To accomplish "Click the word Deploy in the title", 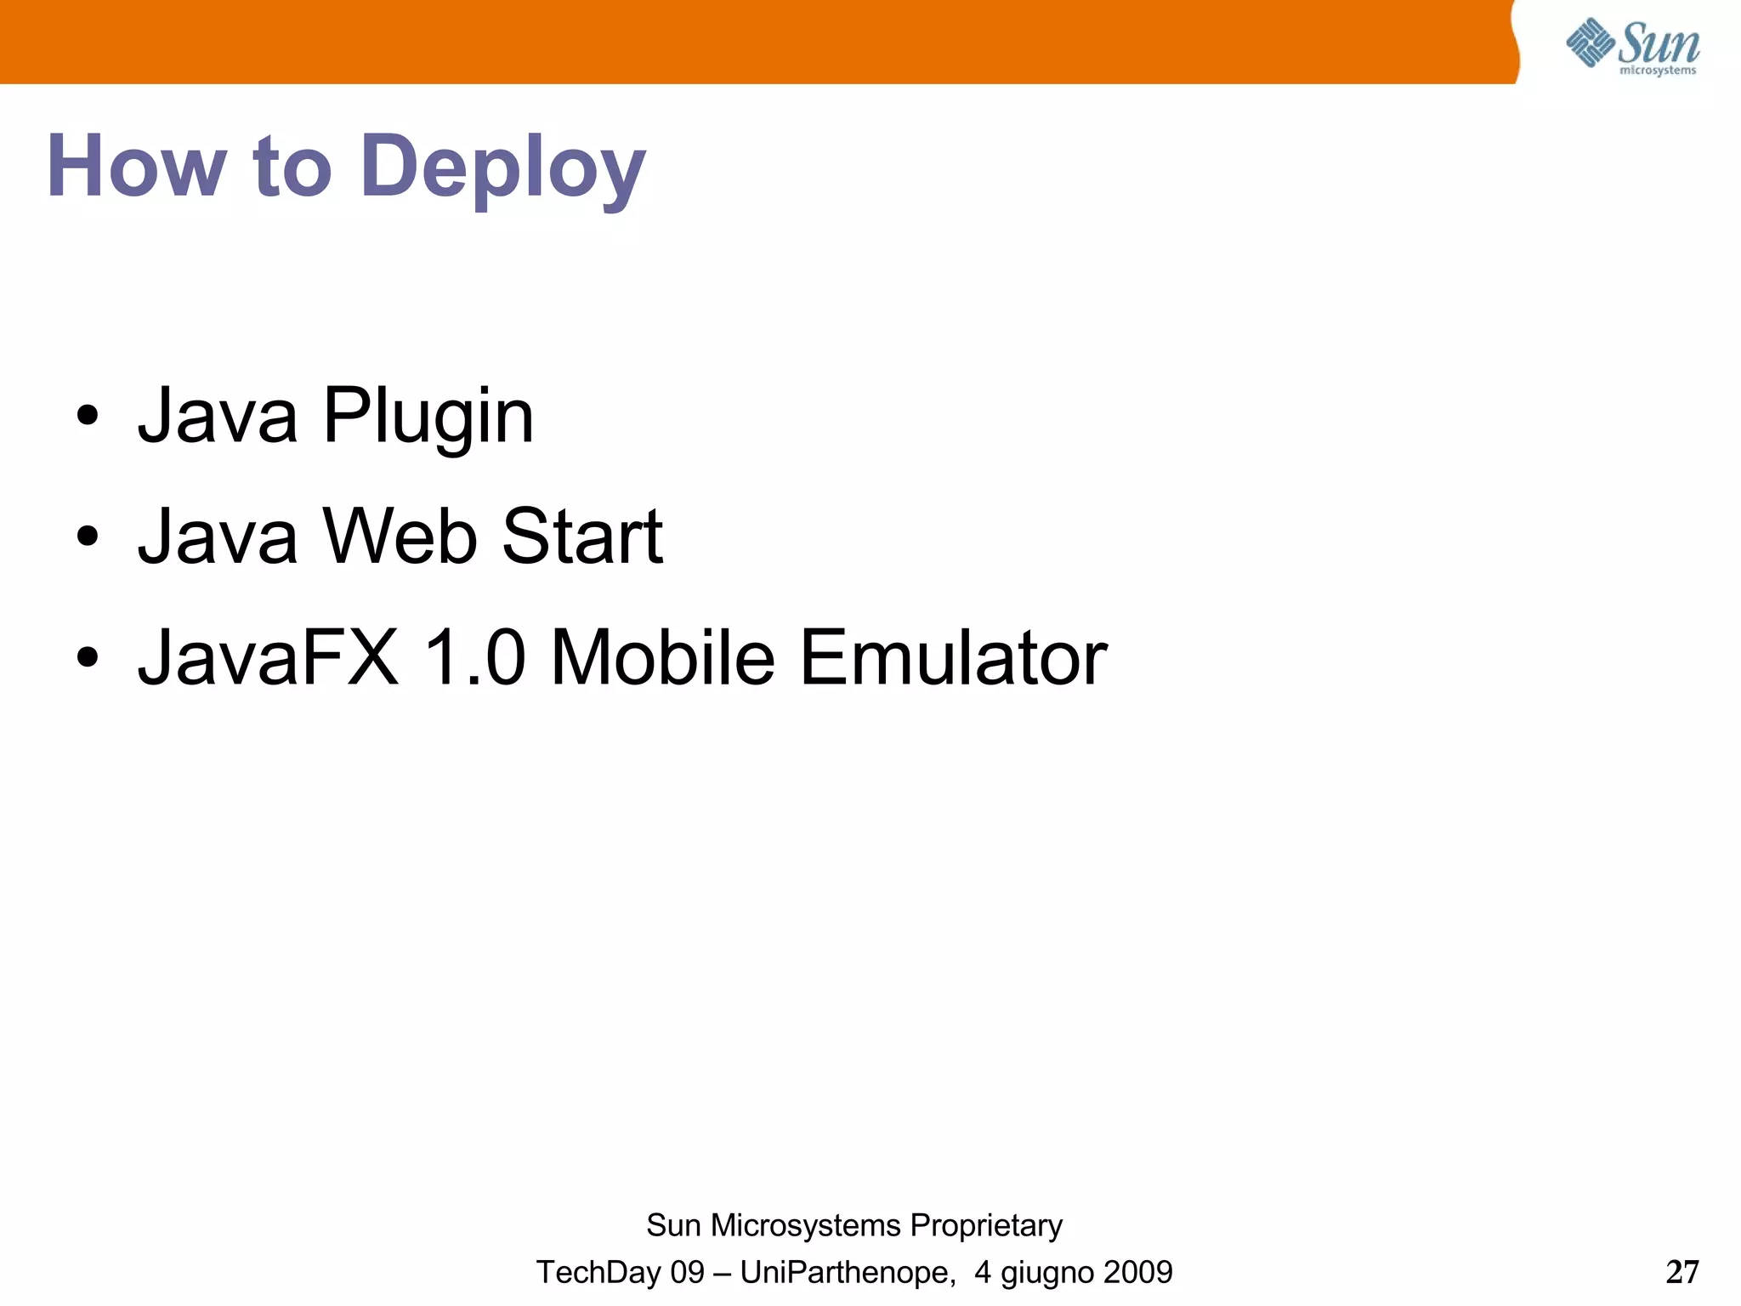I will click(x=502, y=168).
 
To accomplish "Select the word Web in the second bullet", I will click(x=400, y=537).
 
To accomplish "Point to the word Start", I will click(x=582, y=537).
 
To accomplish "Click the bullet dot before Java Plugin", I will click(x=88, y=417).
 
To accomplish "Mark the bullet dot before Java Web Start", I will click(x=88, y=537).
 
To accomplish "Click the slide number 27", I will click(x=1682, y=1272).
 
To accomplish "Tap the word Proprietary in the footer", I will click(x=986, y=1226).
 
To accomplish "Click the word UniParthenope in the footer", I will click(x=847, y=1273).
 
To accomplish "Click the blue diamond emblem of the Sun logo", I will click(x=1590, y=42).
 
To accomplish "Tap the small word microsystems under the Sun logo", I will click(x=1658, y=71).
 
